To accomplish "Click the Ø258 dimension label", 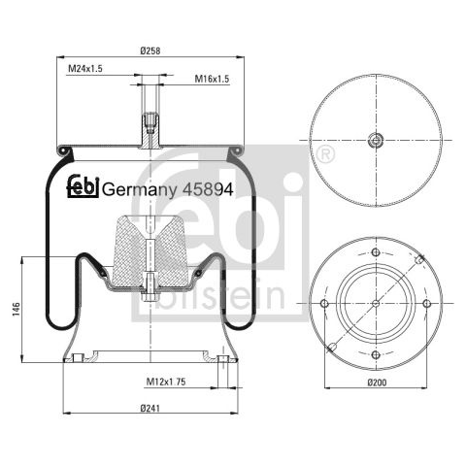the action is [150, 50].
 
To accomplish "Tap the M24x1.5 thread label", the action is [85, 69].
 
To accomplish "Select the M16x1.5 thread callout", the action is [212, 79].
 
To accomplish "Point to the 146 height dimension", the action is [17, 310].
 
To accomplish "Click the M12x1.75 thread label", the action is [166, 382].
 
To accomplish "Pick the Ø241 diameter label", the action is [150, 409].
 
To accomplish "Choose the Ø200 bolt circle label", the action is [377, 383].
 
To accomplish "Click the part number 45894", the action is [208, 189].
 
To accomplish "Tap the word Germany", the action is [140, 190].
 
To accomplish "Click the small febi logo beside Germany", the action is [83, 186].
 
